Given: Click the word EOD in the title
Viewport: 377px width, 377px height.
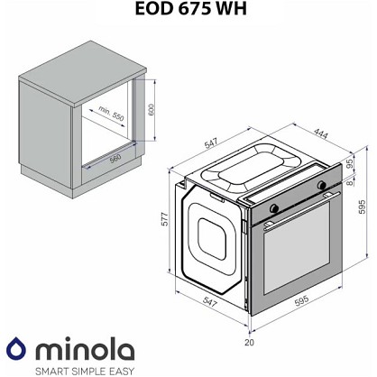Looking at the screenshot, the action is click(154, 8).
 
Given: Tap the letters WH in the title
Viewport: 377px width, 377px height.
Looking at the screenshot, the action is click(231, 8).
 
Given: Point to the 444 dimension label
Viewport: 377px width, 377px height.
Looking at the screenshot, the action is click(321, 133).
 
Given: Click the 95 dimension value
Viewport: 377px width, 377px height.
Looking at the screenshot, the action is click(349, 164).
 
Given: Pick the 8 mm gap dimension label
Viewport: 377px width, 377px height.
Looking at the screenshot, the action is click(349, 182).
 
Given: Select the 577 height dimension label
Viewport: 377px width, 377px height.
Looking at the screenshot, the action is click(165, 219).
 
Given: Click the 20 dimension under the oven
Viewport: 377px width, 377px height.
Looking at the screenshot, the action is click(249, 342).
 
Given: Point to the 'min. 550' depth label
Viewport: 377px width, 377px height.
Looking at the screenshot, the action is click(111, 114).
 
